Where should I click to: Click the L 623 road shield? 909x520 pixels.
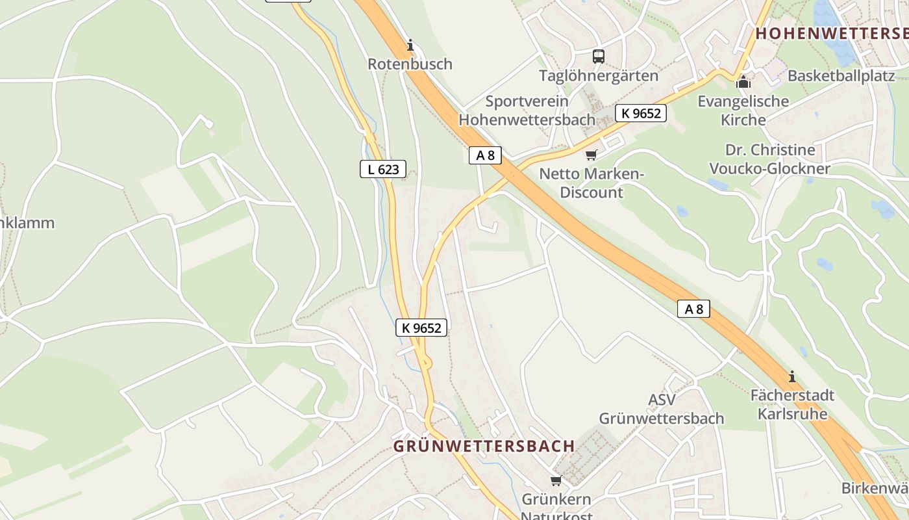pyautogui.click(x=383, y=170)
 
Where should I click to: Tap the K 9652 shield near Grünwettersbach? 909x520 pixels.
pyautogui.click(x=421, y=328)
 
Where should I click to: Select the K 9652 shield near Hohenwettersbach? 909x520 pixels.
pyautogui.click(x=641, y=113)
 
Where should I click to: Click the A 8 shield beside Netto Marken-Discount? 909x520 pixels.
pyautogui.click(x=485, y=155)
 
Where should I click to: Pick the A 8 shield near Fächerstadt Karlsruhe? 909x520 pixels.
pyautogui.click(x=693, y=309)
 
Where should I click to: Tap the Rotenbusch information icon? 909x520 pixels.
pyautogui.click(x=410, y=45)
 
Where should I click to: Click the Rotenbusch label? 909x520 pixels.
pyautogui.click(x=410, y=64)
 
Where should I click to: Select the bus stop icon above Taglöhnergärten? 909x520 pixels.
pyautogui.click(x=598, y=57)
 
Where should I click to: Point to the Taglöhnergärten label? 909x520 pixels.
pyautogui.click(x=598, y=75)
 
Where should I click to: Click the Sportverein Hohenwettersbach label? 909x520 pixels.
pyautogui.click(x=527, y=110)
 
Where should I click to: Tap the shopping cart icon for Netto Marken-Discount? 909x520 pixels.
pyautogui.click(x=591, y=155)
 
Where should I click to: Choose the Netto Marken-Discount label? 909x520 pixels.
pyautogui.click(x=591, y=183)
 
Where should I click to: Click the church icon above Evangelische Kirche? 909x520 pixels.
pyautogui.click(x=743, y=83)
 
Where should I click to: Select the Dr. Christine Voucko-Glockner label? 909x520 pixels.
pyautogui.click(x=769, y=159)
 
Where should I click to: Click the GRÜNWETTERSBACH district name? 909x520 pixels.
pyautogui.click(x=484, y=446)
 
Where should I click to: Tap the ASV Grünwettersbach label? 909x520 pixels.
pyautogui.click(x=661, y=409)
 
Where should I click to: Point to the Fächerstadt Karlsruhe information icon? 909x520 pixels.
pyautogui.click(x=791, y=376)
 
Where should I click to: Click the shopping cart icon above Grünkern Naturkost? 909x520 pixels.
pyautogui.click(x=556, y=481)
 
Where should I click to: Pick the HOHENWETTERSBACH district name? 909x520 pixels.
pyautogui.click(x=832, y=33)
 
